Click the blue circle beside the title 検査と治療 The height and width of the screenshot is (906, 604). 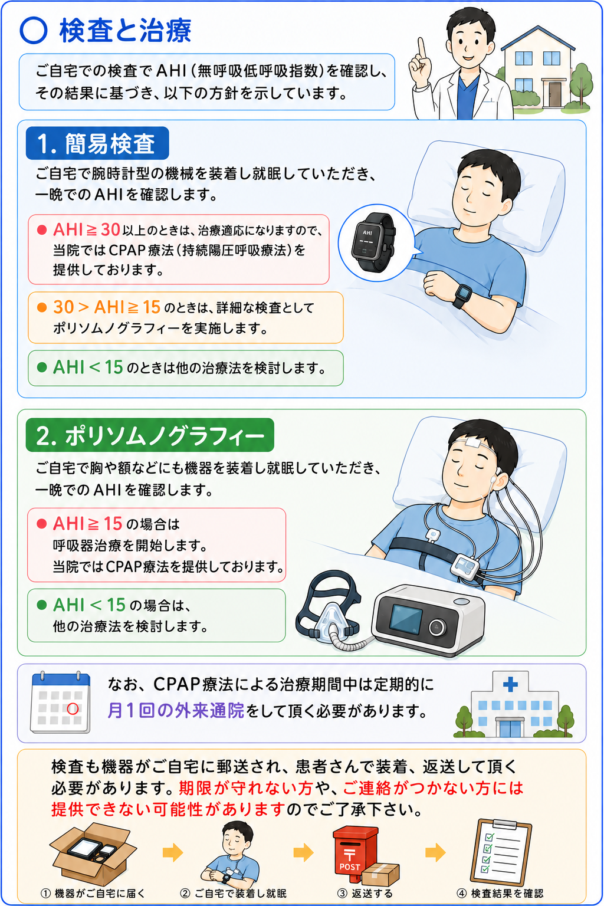33,31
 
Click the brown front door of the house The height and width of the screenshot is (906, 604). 555,94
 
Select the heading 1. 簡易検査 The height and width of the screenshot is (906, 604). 97,143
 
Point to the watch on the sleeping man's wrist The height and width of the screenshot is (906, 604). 462,296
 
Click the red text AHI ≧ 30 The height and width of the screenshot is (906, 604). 87,229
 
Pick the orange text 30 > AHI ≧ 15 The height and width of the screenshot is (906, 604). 107,307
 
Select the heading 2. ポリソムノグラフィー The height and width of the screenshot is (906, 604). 150,436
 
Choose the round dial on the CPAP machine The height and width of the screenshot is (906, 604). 437,627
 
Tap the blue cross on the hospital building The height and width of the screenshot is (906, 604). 510,684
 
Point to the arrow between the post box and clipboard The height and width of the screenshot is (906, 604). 435,852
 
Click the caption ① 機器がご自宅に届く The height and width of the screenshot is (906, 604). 93,893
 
